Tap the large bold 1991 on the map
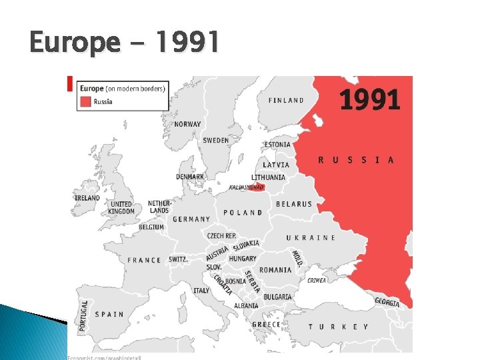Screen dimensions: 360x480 click(x=369, y=100)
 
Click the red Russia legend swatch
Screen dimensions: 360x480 click(x=85, y=102)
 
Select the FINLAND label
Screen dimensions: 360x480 click(x=286, y=101)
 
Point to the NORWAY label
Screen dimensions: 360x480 click(x=187, y=124)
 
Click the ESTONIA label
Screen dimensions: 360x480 click(x=277, y=145)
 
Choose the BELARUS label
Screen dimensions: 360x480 click(x=293, y=204)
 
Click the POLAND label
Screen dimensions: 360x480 click(x=243, y=213)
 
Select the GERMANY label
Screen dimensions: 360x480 click(x=191, y=219)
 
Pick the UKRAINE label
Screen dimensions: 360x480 click(x=311, y=238)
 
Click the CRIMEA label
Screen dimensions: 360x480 click(x=317, y=281)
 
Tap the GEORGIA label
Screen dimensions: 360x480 click(x=387, y=301)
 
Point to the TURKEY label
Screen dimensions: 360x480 click(x=338, y=327)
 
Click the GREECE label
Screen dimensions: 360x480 click(x=266, y=325)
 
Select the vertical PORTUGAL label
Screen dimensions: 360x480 click(x=84, y=315)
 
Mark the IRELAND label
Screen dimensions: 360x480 click(x=87, y=198)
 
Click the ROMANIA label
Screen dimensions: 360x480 click(x=275, y=270)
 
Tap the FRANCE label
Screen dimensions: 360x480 click(x=145, y=260)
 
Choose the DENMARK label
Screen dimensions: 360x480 click(x=190, y=177)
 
